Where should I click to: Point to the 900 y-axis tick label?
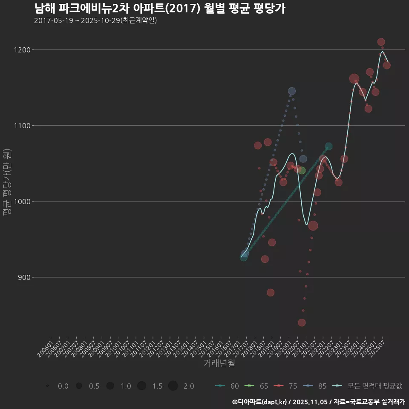click(24, 278)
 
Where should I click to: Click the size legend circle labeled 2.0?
click(173, 386)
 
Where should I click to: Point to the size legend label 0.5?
click(94, 386)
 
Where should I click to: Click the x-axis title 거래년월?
click(219, 363)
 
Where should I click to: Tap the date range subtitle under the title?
click(95, 20)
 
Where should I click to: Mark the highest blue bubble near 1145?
click(292, 91)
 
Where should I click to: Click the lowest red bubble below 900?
click(302, 323)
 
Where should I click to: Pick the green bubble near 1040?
click(302, 170)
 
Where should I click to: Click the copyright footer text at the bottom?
click(318, 402)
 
